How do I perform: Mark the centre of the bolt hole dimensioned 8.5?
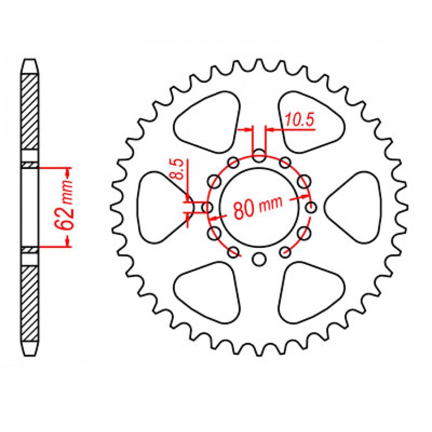[208, 208]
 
